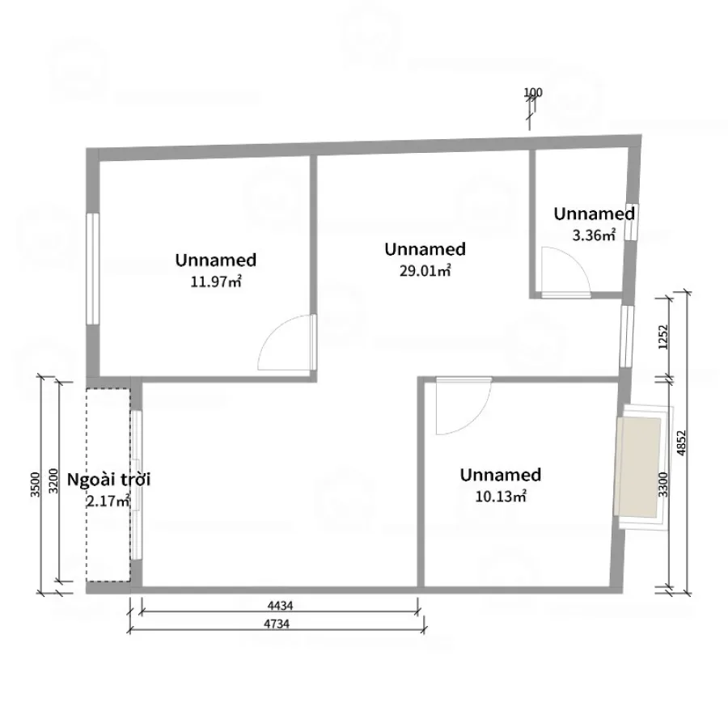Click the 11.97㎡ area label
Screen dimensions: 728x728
(x=216, y=281)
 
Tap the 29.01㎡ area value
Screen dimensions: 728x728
(x=425, y=271)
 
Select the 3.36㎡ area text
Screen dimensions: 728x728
(x=594, y=235)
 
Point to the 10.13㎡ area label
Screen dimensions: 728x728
(x=501, y=497)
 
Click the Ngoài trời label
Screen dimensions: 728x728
(x=109, y=480)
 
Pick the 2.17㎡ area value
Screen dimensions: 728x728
(x=108, y=502)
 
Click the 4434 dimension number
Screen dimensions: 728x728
(x=280, y=605)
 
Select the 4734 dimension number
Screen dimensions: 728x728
(x=277, y=624)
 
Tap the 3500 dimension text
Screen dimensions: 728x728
(x=36, y=485)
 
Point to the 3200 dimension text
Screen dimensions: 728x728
(x=53, y=481)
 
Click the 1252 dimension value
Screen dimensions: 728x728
(x=663, y=337)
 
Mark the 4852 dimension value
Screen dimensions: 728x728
(x=681, y=443)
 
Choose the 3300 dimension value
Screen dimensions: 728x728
(x=663, y=485)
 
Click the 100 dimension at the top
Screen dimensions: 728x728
(x=533, y=92)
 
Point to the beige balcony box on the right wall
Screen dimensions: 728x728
(x=637, y=467)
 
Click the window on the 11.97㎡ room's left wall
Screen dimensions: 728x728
(x=93, y=269)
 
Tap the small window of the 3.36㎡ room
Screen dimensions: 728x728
(x=631, y=222)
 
